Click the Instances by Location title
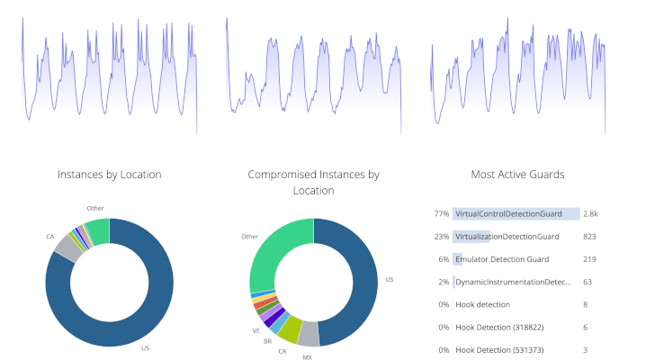click(x=109, y=175)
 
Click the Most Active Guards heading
click(x=517, y=175)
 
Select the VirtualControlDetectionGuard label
click(x=508, y=214)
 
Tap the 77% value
click(x=441, y=214)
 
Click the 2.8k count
click(x=590, y=214)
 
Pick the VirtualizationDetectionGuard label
click(x=507, y=237)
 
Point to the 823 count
click(x=589, y=237)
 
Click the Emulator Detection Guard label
click(x=502, y=259)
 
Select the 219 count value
click(x=589, y=259)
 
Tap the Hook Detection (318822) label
click(x=499, y=328)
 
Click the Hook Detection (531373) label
click(x=499, y=350)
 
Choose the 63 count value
click(x=588, y=282)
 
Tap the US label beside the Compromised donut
click(x=390, y=279)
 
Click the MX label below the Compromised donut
click(x=308, y=357)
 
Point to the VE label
click(x=256, y=331)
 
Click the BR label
click(x=267, y=341)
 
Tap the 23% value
click(x=441, y=237)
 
